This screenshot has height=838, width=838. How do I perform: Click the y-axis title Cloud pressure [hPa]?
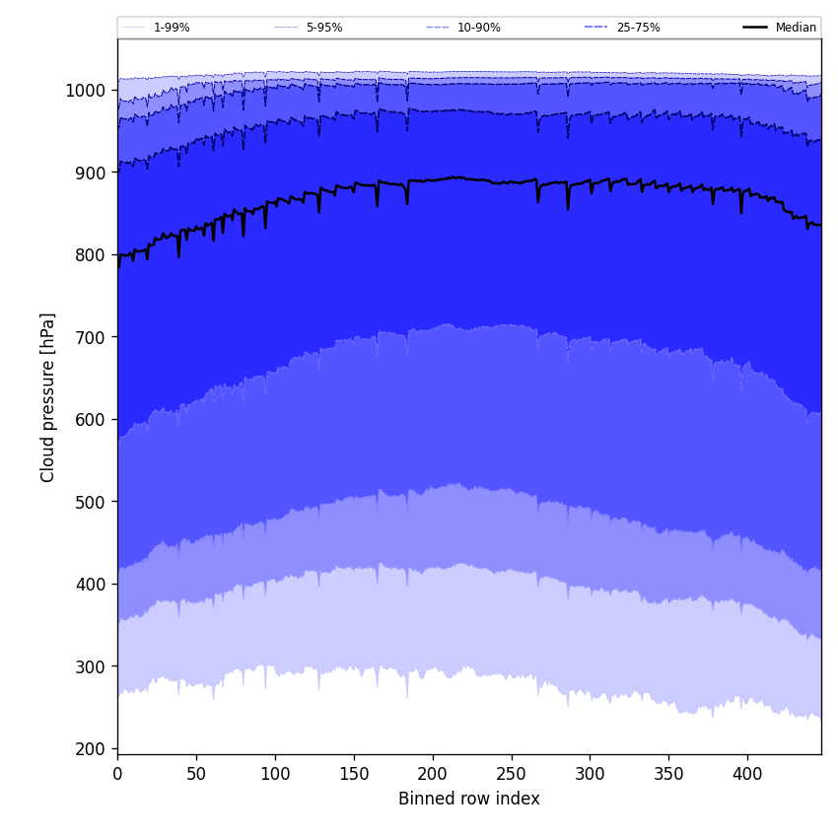point(48,397)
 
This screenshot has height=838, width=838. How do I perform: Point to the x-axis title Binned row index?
point(469,799)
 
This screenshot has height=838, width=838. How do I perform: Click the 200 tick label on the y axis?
point(92,748)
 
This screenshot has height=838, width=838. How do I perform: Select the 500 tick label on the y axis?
point(92,502)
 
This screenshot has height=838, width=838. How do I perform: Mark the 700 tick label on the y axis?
point(92,337)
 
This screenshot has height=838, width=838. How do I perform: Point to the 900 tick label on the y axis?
point(92,173)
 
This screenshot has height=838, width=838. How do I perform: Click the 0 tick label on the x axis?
point(117,774)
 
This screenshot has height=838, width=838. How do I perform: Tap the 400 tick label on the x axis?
point(747,774)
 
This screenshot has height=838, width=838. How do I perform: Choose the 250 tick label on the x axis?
point(511,774)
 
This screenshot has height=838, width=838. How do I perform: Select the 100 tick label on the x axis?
point(275,774)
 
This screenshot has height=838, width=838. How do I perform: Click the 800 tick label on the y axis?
point(92,254)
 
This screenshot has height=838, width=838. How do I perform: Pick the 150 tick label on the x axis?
point(354,774)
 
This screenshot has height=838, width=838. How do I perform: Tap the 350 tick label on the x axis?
point(668,774)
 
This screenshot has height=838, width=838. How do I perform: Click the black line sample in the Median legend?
point(756,28)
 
